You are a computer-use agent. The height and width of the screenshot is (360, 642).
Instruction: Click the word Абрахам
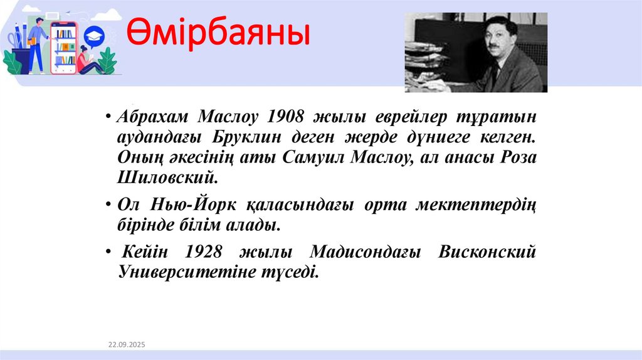point(153,117)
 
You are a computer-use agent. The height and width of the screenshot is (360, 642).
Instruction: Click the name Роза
point(519,157)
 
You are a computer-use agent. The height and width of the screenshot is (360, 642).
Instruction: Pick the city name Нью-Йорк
point(189,204)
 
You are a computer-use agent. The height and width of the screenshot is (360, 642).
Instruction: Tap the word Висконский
point(488,252)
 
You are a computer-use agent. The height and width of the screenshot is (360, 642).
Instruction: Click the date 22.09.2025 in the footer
point(126,345)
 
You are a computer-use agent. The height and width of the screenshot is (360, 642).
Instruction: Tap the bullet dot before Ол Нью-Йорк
point(109,205)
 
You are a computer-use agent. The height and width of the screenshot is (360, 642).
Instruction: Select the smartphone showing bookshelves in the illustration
point(64,47)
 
